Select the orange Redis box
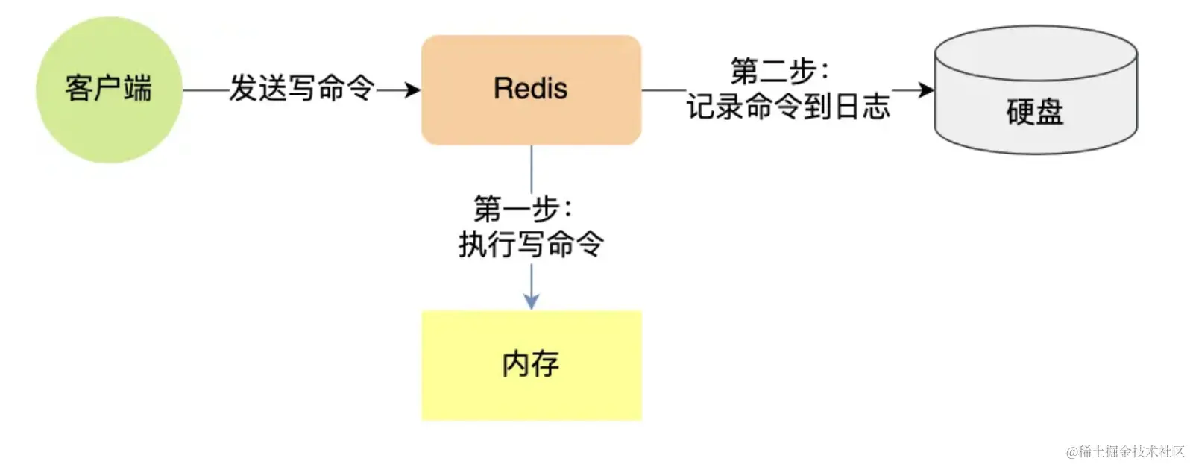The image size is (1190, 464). [x=531, y=119]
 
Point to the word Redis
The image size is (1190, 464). [x=531, y=88]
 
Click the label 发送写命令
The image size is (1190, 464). [x=301, y=88]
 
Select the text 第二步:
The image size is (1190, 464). [x=780, y=72]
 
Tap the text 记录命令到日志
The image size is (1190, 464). [x=788, y=107]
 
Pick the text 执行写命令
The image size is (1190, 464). [x=531, y=244]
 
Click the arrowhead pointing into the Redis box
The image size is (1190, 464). [x=412, y=90]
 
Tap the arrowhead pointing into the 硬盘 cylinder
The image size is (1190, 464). [x=925, y=90]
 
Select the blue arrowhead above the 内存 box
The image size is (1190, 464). [x=531, y=301]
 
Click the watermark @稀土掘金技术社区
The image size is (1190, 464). [x=1125, y=451]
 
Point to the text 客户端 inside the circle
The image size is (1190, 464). [x=109, y=88]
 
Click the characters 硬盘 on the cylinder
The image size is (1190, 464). [x=1035, y=112]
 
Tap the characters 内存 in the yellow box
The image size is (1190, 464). [x=531, y=363]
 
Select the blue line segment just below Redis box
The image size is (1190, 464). [x=531, y=168]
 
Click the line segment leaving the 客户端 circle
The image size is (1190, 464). [x=205, y=90]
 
